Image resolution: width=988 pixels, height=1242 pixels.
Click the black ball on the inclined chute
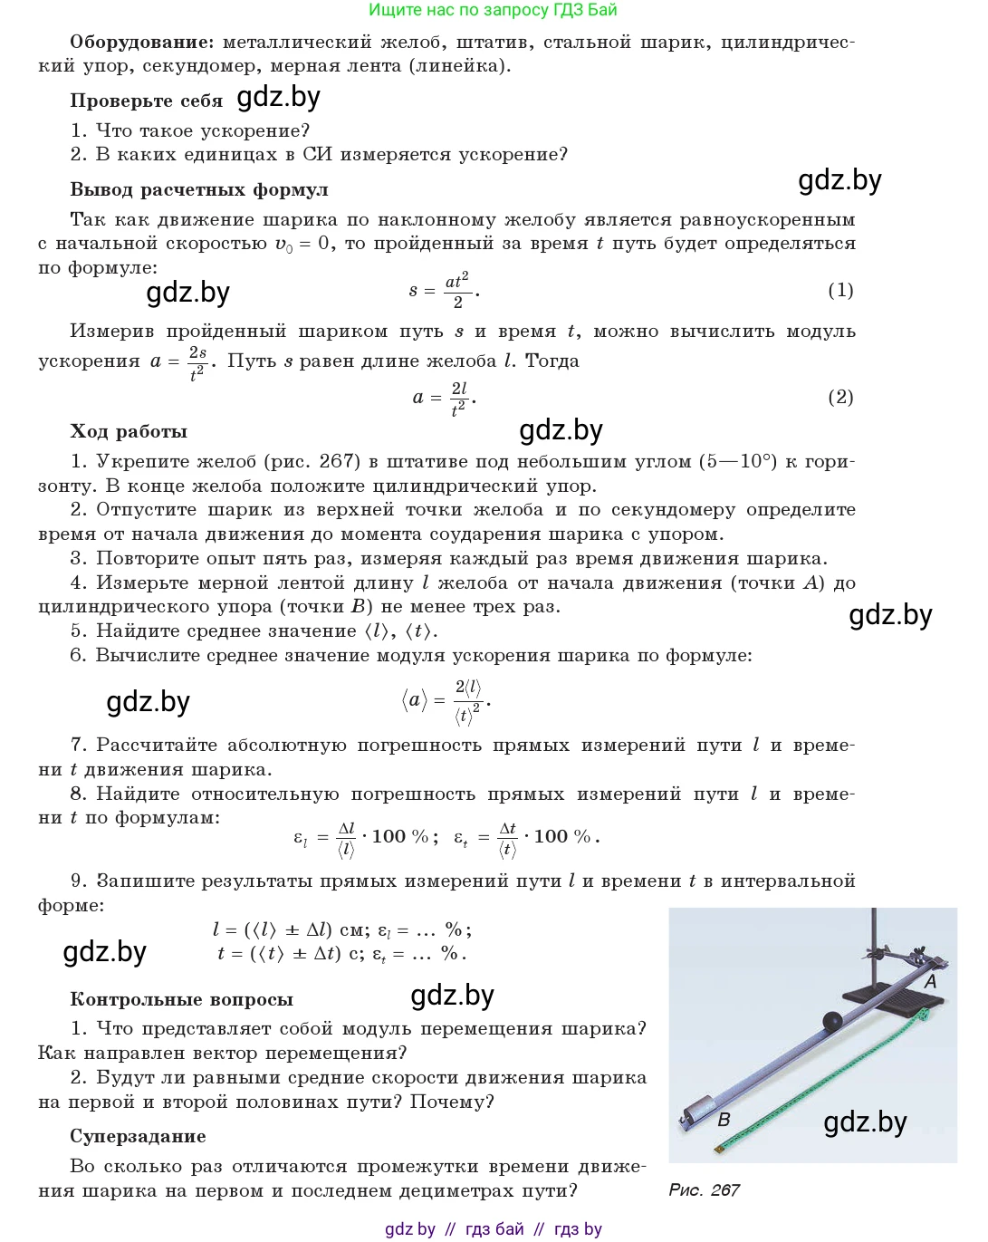pyautogui.click(x=831, y=1021)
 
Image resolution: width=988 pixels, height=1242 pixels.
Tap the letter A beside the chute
pyautogui.click(x=930, y=981)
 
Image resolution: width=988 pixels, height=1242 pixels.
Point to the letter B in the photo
pyautogui.click(x=724, y=1120)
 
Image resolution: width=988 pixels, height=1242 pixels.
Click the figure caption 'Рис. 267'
pyautogui.click(x=704, y=1189)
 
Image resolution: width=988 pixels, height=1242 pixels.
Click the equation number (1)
pyautogui.click(x=840, y=290)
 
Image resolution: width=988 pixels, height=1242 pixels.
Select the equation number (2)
pyautogui.click(x=840, y=397)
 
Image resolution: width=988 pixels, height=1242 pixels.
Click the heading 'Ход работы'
pyautogui.click(x=129, y=431)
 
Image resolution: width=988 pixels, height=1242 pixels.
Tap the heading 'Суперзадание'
pyautogui.click(x=138, y=1136)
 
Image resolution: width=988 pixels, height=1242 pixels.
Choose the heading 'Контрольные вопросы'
pyautogui.click(x=181, y=999)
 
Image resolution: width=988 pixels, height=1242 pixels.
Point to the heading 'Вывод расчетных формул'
pyautogui.click(x=199, y=189)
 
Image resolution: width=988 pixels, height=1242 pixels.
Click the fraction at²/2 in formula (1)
pyautogui.click(x=456, y=291)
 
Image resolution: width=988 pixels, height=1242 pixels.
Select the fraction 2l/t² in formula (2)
pyautogui.click(x=459, y=398)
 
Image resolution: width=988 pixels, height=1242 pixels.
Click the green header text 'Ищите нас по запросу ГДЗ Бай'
pyautogui.click(x=493, y=10)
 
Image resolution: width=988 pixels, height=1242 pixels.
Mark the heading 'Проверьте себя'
pyautogui.click(x=146, y=101)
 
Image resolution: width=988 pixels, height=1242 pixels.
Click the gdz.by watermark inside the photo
pyautogui.click(x=865, y=1122)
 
